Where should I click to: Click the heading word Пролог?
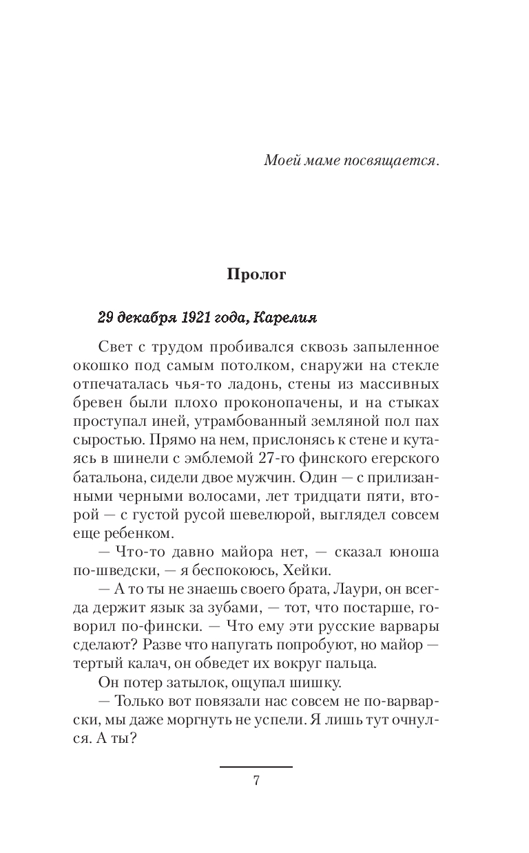tap(256, 274)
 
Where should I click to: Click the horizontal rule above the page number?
tap(256, 766)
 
